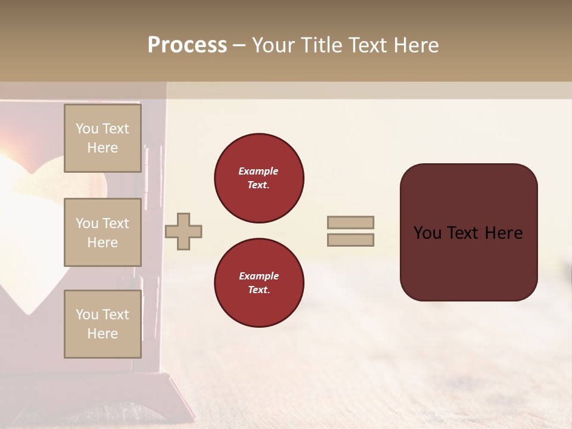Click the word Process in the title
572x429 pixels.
[187, 45]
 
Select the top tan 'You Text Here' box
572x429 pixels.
[102, 138]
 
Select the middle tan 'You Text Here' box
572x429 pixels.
[102, 232]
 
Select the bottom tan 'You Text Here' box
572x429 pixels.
[102, 324]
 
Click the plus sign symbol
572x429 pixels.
[184, 231]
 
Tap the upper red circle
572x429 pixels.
[259, 178]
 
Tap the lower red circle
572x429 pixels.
[259, 283]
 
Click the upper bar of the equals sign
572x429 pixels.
[350, 223]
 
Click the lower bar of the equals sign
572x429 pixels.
[350, 240]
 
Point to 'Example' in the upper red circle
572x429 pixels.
[259, 171]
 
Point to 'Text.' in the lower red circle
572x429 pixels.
[259, 290]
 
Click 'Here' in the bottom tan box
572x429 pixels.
[102, 334]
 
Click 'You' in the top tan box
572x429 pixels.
[87, 129]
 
